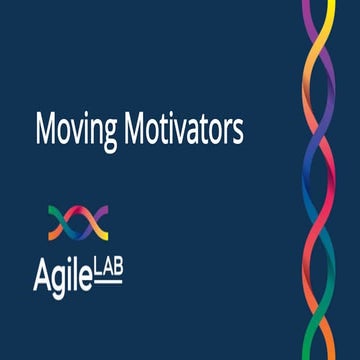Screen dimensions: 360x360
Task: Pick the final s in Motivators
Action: click(238, 132)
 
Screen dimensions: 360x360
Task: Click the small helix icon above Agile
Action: click(78, 223)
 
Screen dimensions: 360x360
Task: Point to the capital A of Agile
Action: click(41, 268)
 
